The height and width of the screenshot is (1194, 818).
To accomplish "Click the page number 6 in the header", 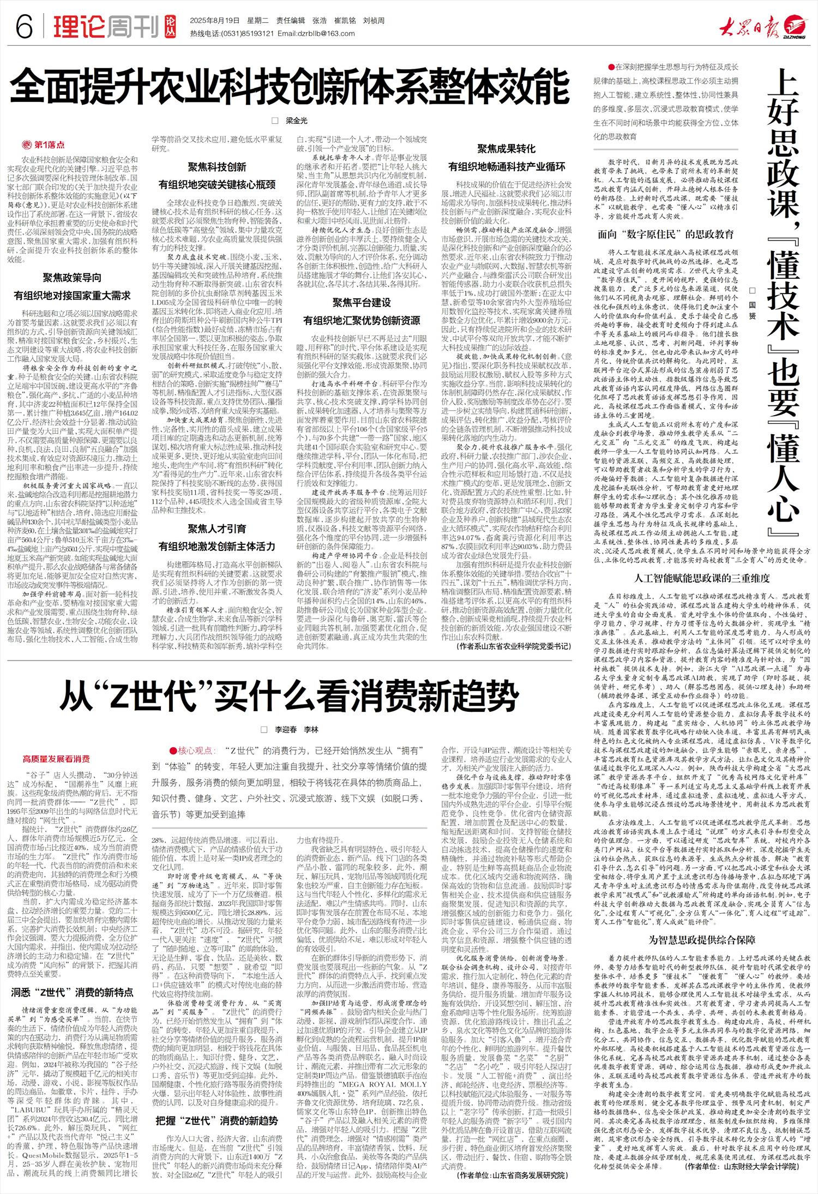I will [25, 26].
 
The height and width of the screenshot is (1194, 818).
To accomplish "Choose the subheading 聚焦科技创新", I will [217, 166].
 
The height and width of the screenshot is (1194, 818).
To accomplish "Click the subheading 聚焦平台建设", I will [362, 303].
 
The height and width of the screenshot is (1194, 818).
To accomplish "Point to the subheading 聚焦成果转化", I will [507, 149].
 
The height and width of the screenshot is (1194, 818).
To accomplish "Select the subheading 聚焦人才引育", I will [217, 529].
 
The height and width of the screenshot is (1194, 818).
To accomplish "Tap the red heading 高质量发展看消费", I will [56, 759].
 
